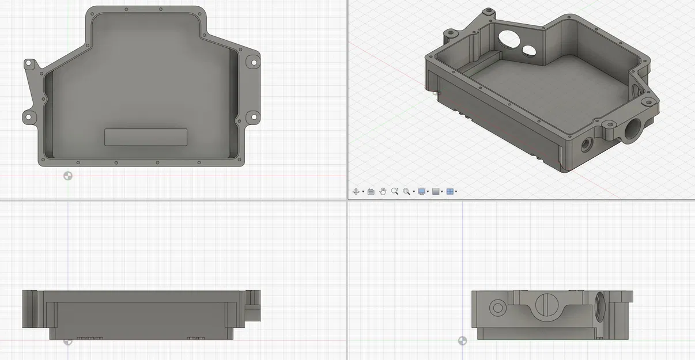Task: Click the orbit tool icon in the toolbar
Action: pos(356,191)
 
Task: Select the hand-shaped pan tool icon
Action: pos(382,191)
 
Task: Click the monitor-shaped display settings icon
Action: pos(422,191)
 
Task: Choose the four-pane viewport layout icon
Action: pos(450,191)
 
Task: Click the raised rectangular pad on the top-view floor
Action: pos(146,137)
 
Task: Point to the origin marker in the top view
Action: pos(68,176)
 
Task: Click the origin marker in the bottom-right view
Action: pos(462,341)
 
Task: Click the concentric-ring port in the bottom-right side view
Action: pos(495,308)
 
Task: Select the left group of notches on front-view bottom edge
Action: pos(90,337)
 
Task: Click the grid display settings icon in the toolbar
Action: pos(436,191)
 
